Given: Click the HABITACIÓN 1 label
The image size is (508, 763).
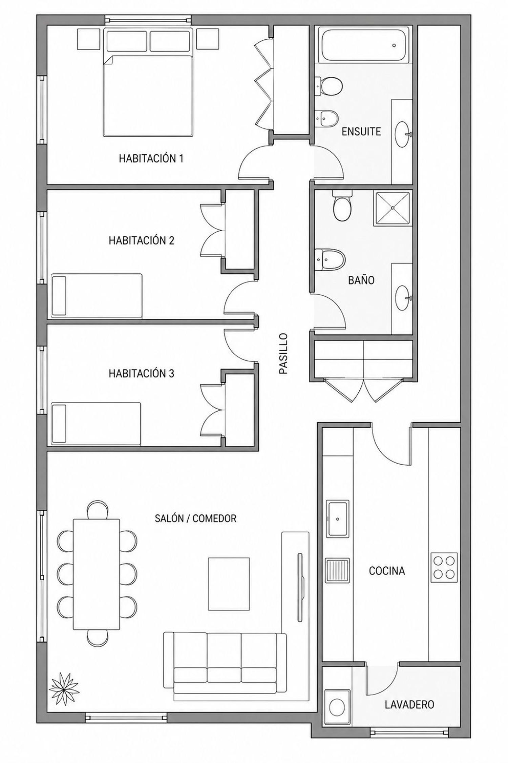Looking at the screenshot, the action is coord(151,158).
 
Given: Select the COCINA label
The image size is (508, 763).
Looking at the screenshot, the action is coord(387,571).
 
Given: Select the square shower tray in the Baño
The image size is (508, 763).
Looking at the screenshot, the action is coord(393,208).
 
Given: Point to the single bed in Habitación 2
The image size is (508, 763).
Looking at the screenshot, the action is coord(97,296).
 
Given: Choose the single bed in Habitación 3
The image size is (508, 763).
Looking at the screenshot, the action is coord(96,424).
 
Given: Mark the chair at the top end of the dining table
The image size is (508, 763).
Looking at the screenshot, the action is coord(98,510).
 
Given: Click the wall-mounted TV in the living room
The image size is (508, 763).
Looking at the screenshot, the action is coord(300,587).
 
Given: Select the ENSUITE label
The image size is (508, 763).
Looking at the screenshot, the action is coord(361,131).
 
